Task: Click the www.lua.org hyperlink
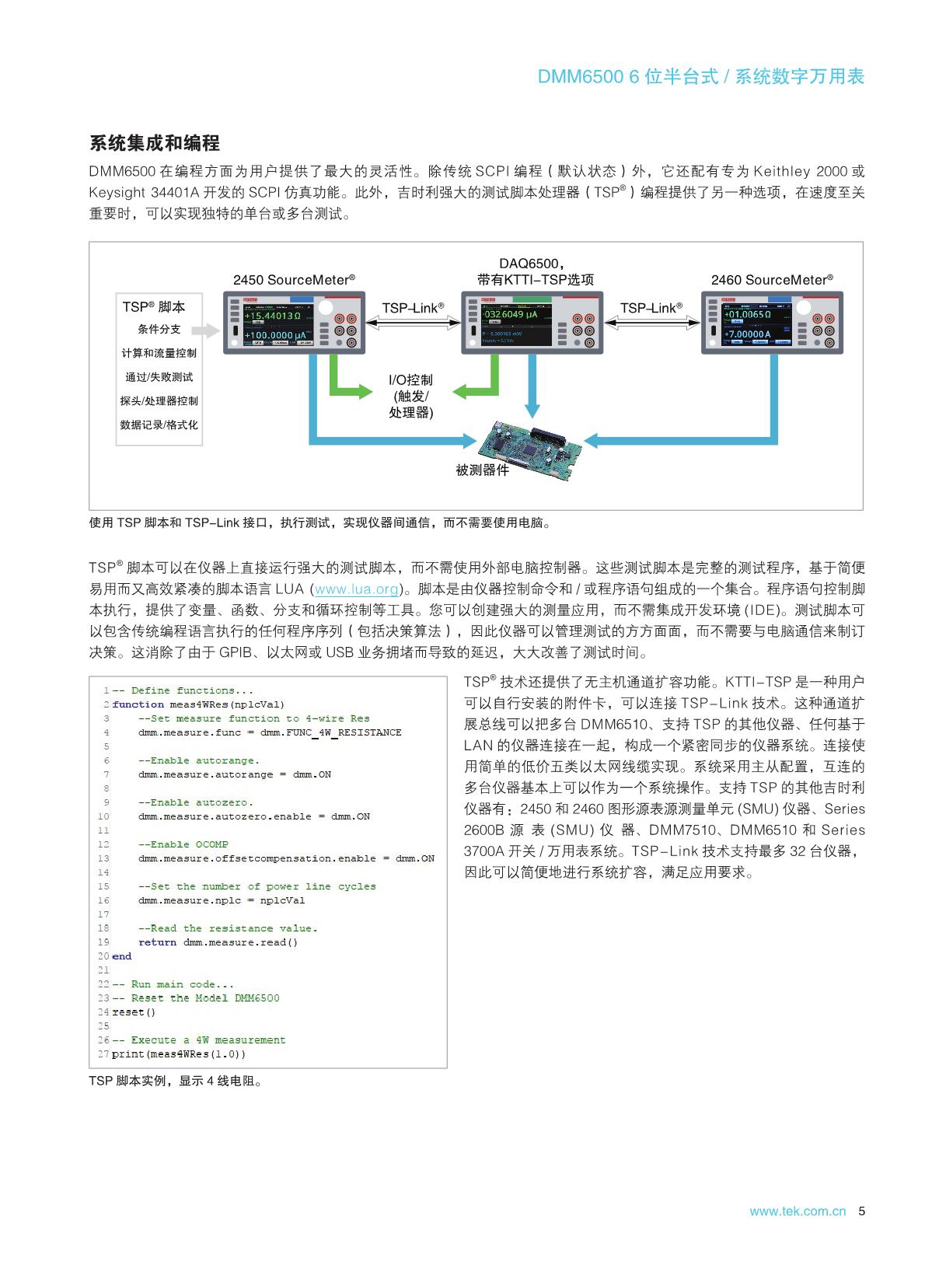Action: click(357, 589)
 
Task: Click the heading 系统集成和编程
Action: click(155, 143)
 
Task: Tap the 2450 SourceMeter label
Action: click(294, 280)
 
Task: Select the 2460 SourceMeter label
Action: click(772, 280)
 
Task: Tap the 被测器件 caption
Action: click(482, 470)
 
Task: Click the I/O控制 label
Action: click(410, 380)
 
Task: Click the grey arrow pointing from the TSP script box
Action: click(205, 331)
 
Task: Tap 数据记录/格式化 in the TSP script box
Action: click(159, 425)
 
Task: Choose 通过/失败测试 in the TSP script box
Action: click(159, 377)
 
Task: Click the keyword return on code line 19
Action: click(158, 942)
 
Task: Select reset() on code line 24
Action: click(134, 1012)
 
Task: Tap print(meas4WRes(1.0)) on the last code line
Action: click(179, 1054)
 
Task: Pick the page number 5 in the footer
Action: click(860, 1211)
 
